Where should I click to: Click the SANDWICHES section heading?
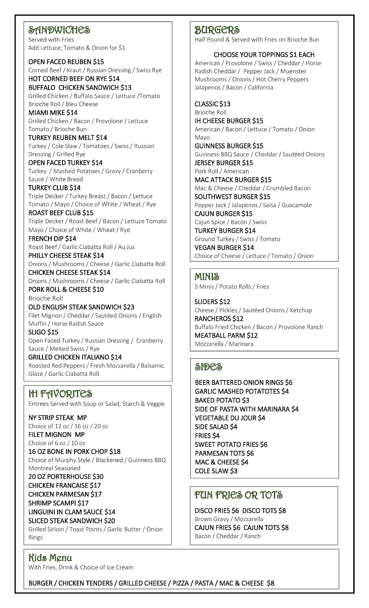59,30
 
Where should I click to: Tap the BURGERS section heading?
217,30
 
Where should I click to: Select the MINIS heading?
207,277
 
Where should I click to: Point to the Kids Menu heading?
50,558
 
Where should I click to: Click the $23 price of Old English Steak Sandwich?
129,307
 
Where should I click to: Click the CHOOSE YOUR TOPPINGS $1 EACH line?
264,55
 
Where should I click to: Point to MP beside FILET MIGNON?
80,435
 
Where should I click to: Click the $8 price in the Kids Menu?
271,583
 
